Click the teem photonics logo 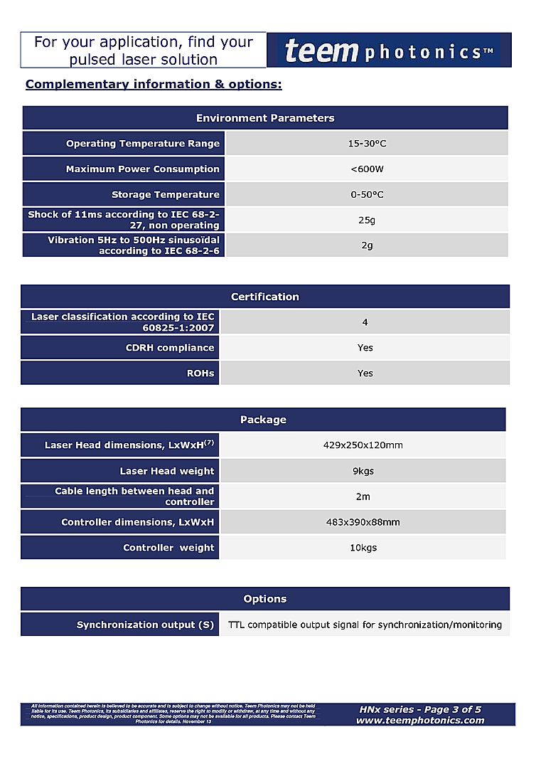[x=389, y=51]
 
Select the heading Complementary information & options [x=154, y=85]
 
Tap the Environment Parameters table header [x=265, y=118]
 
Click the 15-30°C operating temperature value [x=367, y=144]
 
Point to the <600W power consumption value [x=367, y=169]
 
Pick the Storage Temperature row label [x=165, y=195]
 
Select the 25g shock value [x=367, y=220]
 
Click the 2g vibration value [x=367, y=245]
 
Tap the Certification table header [x=265, y=297]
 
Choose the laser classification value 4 [x=365, y=322]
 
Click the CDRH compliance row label [x=169, y=348]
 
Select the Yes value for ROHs [x=365, y=373]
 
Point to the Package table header [x=263, y=420]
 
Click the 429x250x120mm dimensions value [x=363, y=445]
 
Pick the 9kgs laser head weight [x=363, y=471]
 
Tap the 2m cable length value [x=363, y=497]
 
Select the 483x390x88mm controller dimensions [x=363, y=522]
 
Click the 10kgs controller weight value [x=363, y=548]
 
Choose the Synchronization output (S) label [x=145, y=625]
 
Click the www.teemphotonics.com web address [x=420, y=720]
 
